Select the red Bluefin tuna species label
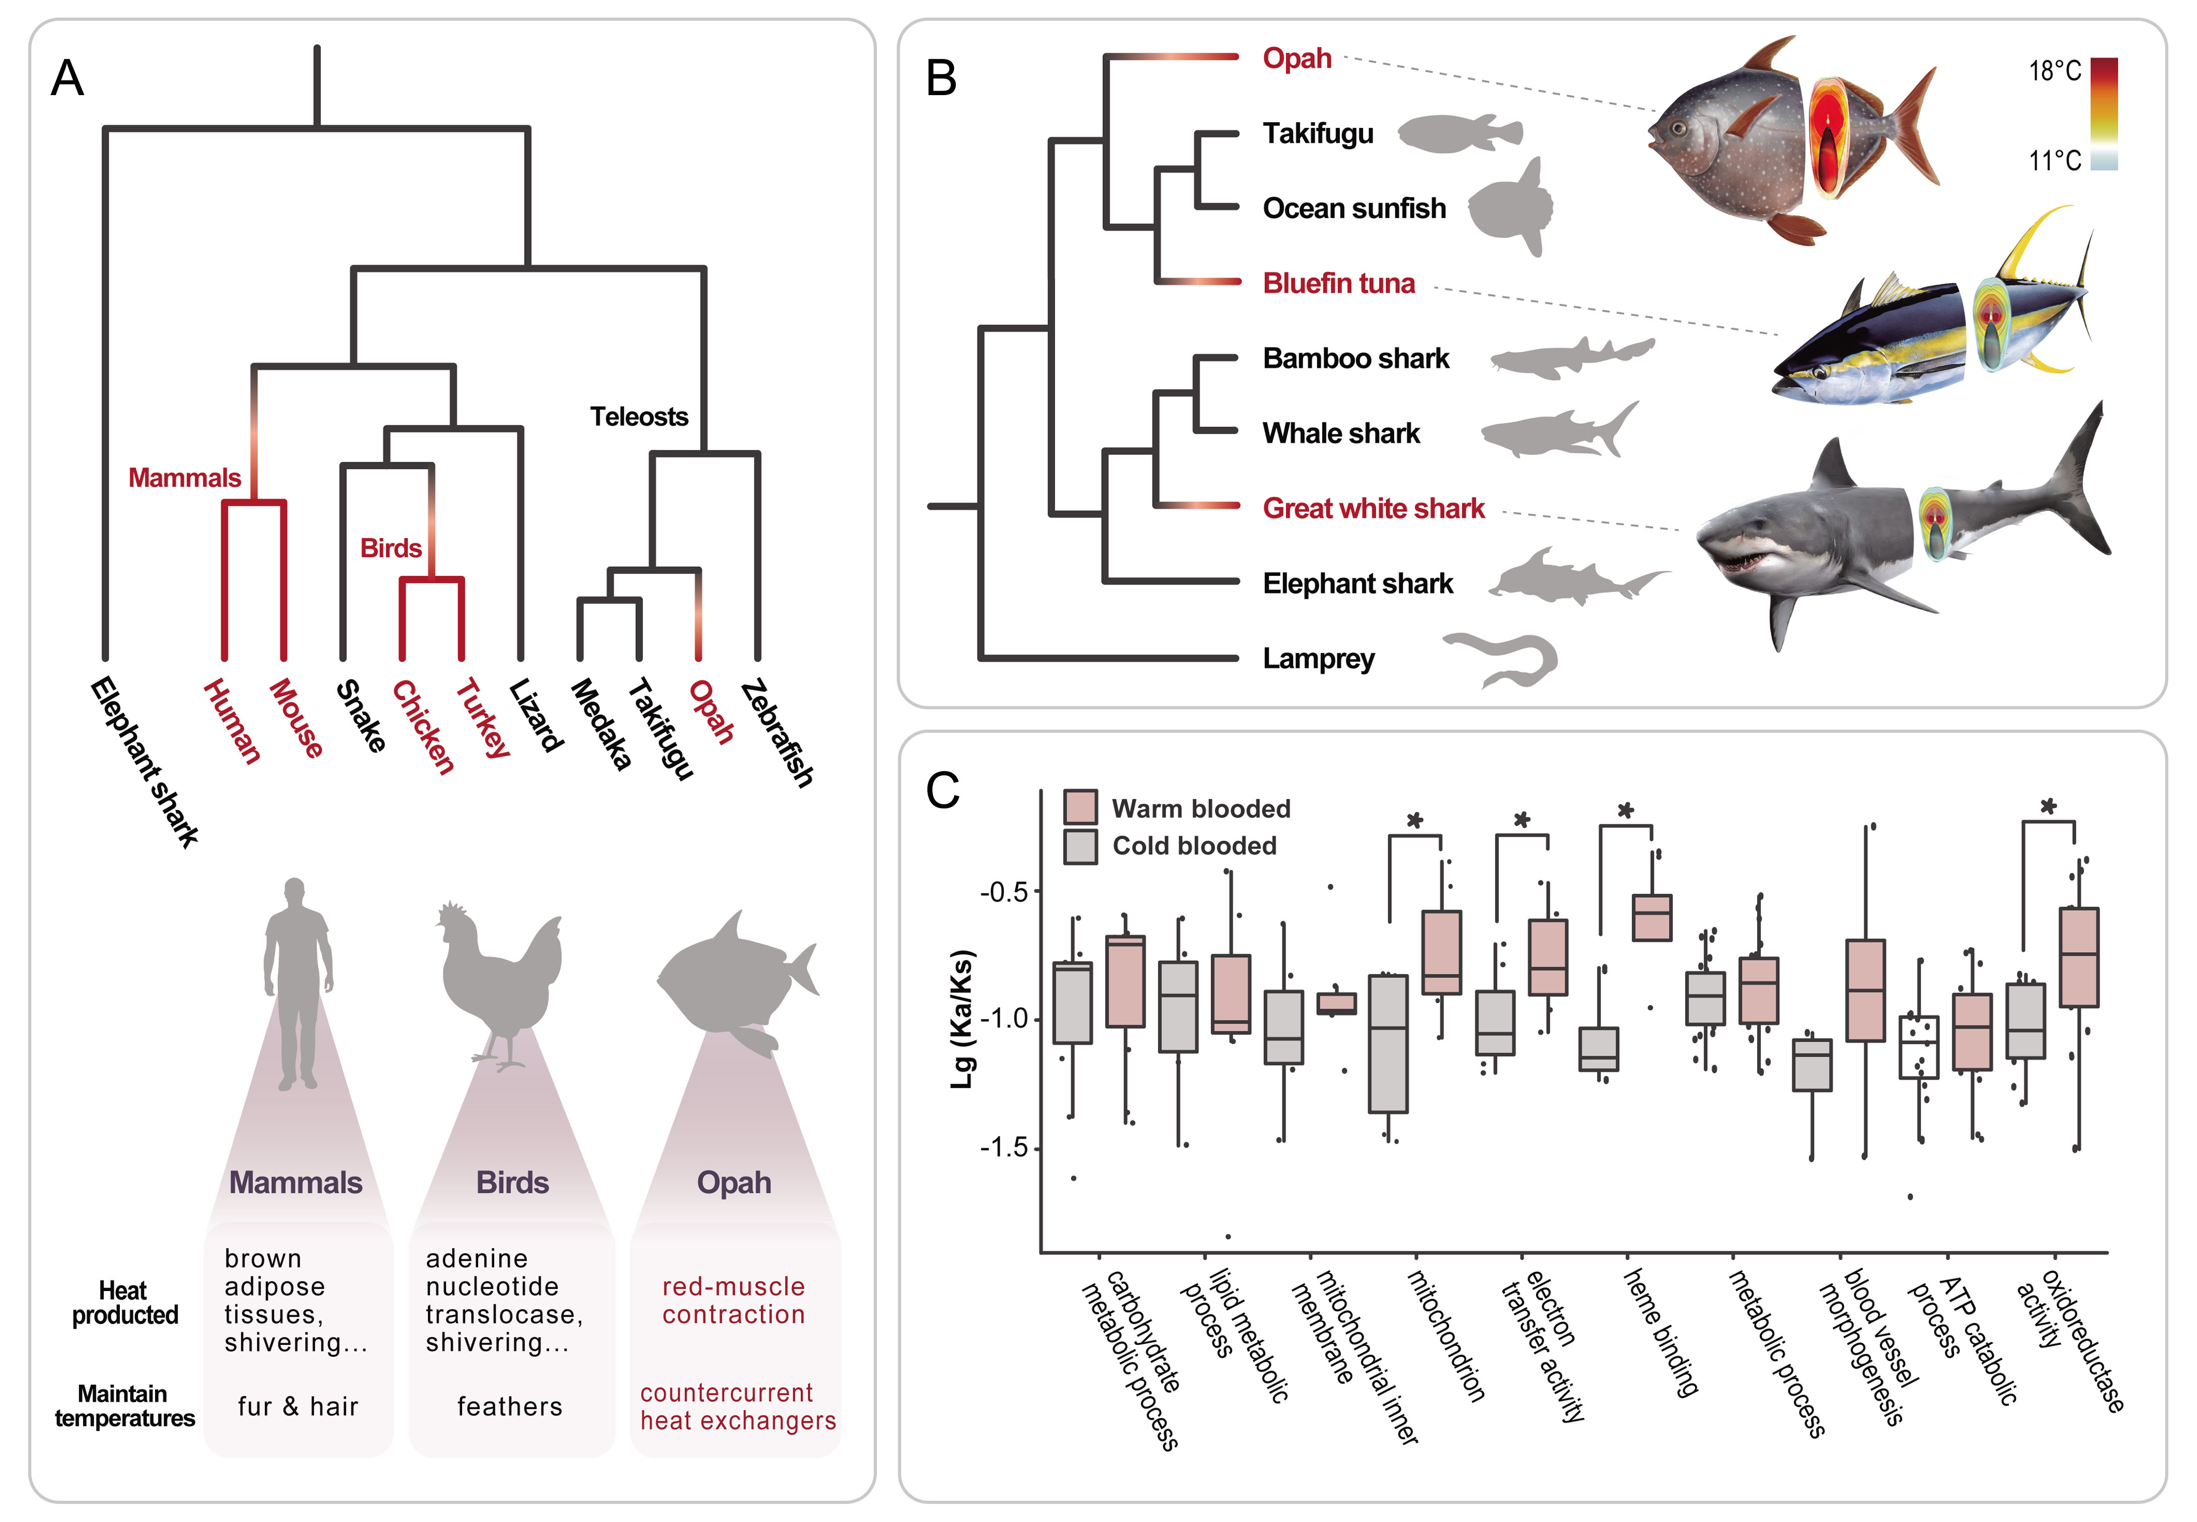tap(1339, 283)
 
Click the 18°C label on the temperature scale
tap(2055, 70)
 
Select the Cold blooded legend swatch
tap(1081, 846)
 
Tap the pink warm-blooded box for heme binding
tap(1651, 918)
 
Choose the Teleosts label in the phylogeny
tap(639, 417)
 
